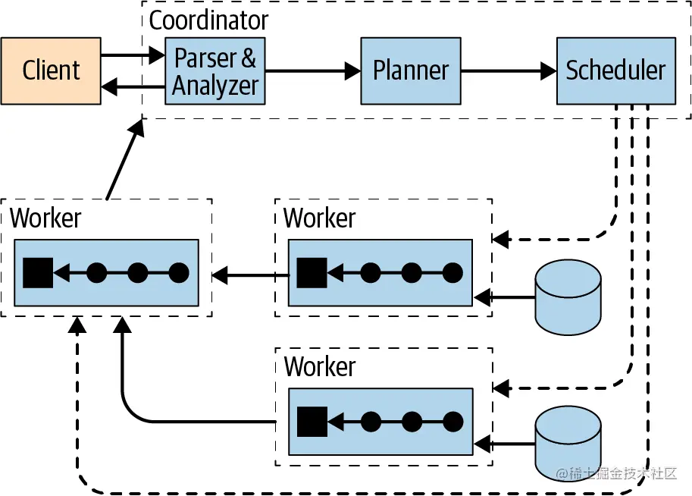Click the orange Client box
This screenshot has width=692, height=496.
[50, 71]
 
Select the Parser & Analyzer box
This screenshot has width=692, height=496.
[215, 71]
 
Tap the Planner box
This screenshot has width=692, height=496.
[410, 71]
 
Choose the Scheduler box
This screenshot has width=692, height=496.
[615, 71]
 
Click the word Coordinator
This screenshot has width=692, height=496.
[208, 20]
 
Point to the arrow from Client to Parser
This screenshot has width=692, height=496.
[133, 55]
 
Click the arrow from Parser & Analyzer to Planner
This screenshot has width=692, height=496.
[312, 71]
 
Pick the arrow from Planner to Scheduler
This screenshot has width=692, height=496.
[508, 71]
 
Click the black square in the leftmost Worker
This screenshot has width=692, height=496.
[38, 273]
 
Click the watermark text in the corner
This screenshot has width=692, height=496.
[615, 473]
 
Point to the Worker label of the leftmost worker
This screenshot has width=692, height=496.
[45, 218]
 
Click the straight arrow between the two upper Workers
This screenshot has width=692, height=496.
[250, 274]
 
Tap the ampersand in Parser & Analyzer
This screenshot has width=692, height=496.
[249, 58]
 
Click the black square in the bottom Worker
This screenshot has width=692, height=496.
[312, 422]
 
